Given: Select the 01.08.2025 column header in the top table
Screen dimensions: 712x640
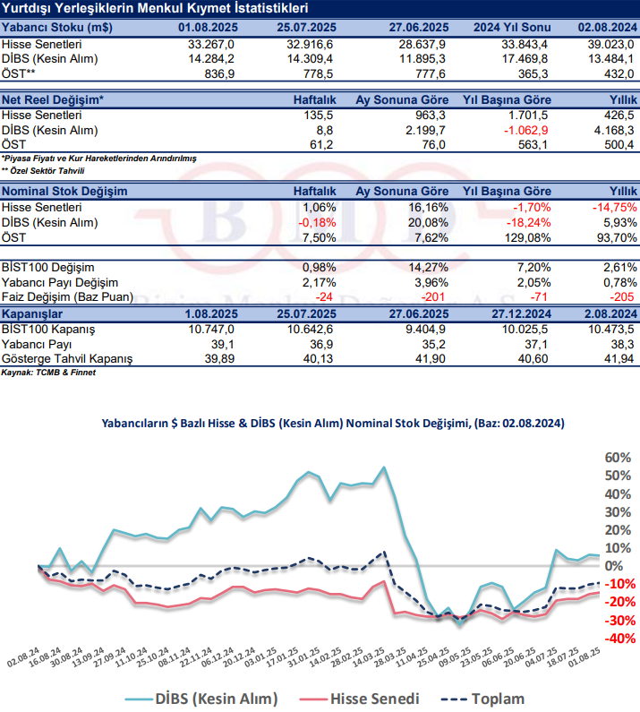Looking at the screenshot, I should pos(208,28).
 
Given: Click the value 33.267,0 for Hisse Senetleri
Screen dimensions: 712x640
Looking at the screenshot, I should pos(212,44).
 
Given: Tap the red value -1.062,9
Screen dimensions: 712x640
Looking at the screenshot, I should pos(526,131).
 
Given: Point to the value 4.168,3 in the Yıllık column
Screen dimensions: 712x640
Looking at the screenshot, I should pos(615,131).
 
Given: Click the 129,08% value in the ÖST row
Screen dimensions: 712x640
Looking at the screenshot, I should pos(526,237).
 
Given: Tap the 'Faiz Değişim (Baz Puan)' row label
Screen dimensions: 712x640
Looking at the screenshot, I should pos(67,296).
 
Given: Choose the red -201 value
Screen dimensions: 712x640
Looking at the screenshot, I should pos(434,296).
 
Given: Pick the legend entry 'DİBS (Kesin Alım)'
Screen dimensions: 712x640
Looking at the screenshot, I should pos(216,698).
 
